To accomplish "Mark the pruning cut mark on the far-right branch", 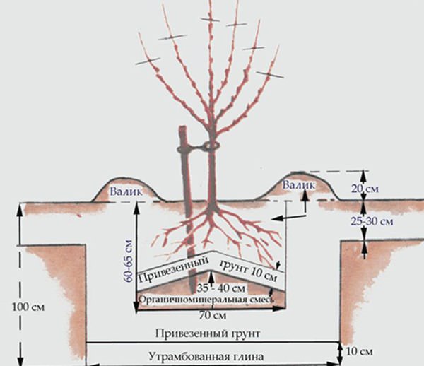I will coord(269,73).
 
